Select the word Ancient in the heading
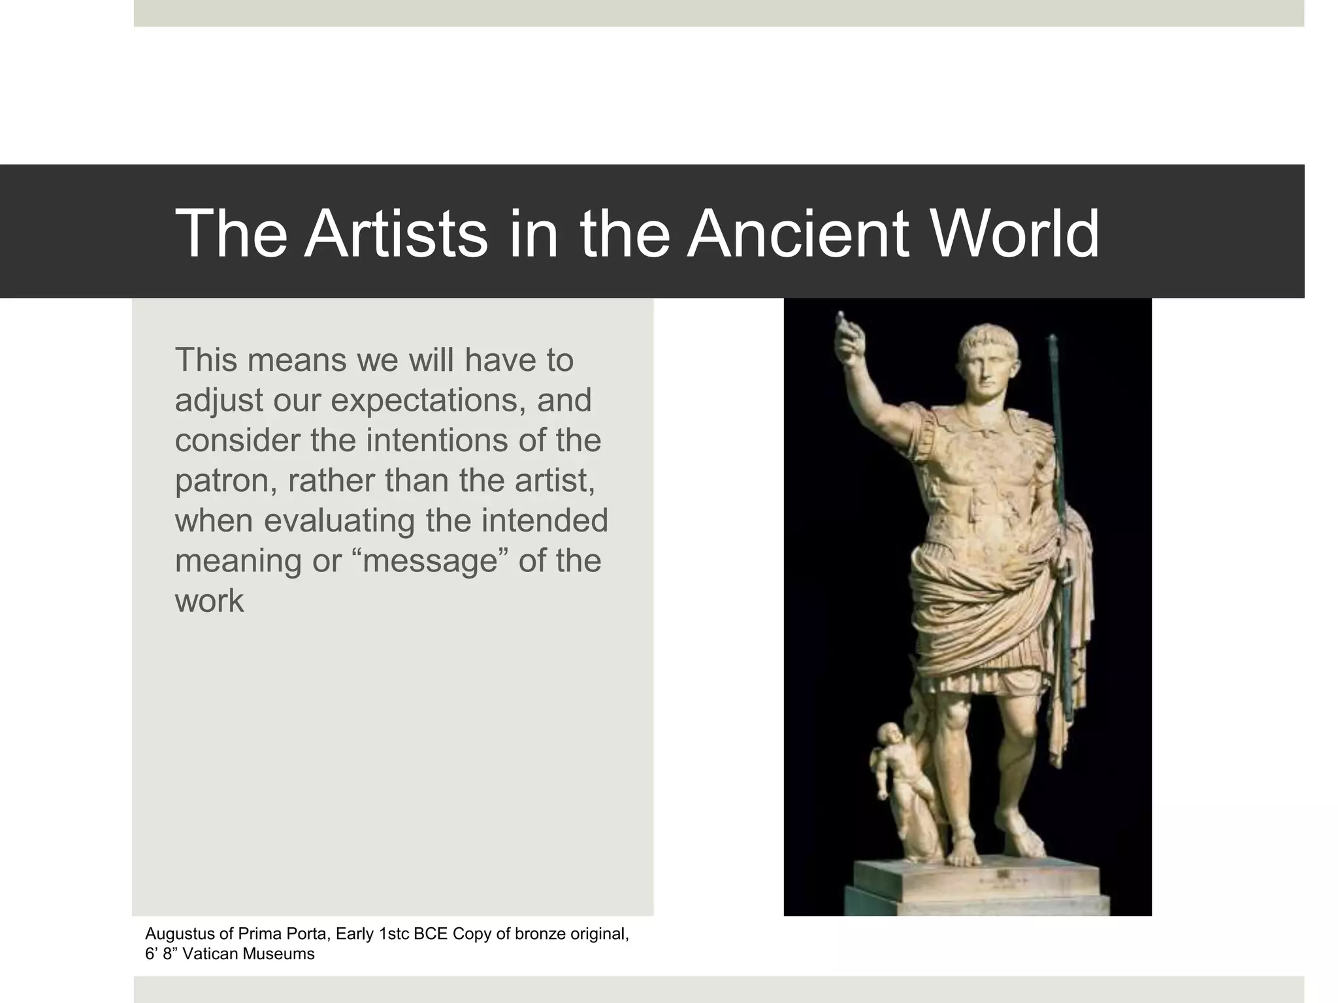coord(797,233)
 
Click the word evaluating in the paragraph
coord(344,520)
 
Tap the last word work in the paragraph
coord(209,601)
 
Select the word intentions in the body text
coord(437,440)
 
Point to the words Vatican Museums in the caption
coord(248,954)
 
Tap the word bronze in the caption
coord(539,934)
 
